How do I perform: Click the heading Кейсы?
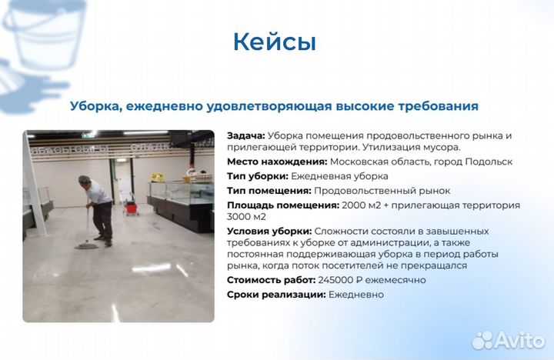tap(275, 42)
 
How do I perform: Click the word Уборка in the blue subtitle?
tap(93, 106)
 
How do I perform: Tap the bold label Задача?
tap(245, 135)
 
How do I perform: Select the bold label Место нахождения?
tap(276, 162)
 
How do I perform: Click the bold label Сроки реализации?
tap(276, 295)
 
